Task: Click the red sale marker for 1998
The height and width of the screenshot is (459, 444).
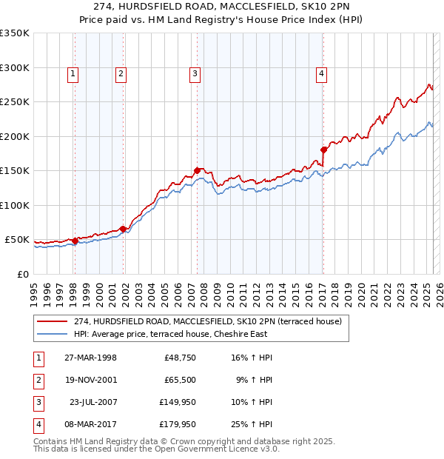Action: coord(75,241)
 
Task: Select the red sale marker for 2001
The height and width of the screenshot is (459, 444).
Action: coord(123,229)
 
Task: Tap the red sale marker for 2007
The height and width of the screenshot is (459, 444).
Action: coord(197,170)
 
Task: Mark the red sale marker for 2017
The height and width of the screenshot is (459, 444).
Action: coord(323,150)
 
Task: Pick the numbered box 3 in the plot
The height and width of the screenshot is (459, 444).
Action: coord(194,73)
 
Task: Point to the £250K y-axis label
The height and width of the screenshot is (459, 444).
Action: coord(14,101)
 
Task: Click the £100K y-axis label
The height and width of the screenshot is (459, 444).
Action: coord(14,205)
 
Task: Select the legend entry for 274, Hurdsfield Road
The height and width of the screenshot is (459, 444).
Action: coord(207,321)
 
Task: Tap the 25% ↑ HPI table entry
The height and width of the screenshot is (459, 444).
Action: coord(250,424)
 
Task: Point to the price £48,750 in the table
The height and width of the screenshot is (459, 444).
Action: coord(179,358)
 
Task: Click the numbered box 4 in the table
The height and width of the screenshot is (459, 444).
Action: coord(38,424)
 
